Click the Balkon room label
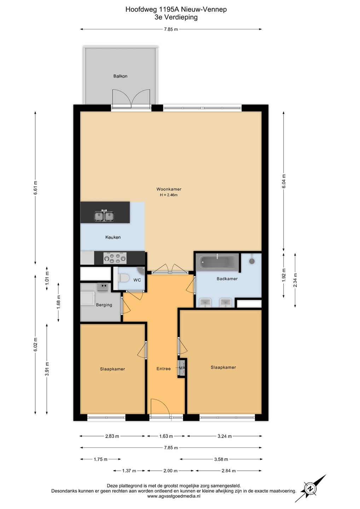tap(120, 76)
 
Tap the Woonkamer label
tap(169, 189)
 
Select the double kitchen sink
tap(104, 216)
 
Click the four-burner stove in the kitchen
tap(115, 258)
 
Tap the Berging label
tap(104, 305)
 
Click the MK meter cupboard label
tap(182, 368)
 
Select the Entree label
tap(164, 369)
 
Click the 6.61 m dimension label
tap(35, 188)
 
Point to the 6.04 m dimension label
tap(284, 181)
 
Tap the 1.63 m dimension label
tap(166, 436)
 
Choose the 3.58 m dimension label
tap(221, 459)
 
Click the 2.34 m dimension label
tap(295, 280)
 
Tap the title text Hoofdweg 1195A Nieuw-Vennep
tap(176, 10)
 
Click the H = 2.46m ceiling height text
tap(169, 195)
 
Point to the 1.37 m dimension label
tap(129, 471)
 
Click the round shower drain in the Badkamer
tap(252, 261)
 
